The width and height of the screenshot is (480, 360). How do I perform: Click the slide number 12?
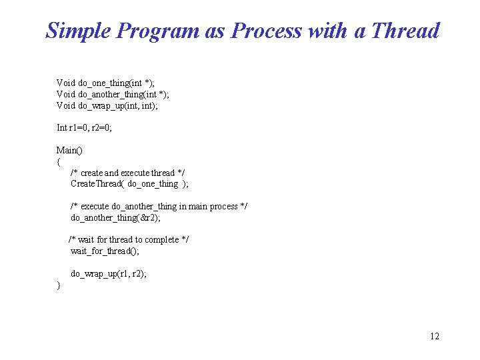[434, 336]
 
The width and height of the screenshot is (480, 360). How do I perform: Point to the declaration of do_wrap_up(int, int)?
[107, 105]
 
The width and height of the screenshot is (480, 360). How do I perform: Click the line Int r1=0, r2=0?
[84, 127]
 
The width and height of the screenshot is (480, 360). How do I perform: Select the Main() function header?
[69, 150]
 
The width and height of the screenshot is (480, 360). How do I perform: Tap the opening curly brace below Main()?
[59, 161]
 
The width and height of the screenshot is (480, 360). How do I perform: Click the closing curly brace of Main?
[59, 285]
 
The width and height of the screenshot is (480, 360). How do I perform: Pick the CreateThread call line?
[129, 183]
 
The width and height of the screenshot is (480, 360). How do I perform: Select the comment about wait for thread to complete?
[129, 239]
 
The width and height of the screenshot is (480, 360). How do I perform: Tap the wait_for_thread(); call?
[105, 251]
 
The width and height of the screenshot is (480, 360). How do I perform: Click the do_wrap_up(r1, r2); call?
[109, 273]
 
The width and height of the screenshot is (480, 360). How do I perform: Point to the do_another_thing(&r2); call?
[115, 217]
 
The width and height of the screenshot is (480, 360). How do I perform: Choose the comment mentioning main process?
[159, 206]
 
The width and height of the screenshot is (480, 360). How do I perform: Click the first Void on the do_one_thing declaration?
[66, 83]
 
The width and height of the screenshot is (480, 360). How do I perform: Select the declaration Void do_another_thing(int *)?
[113, 94]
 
